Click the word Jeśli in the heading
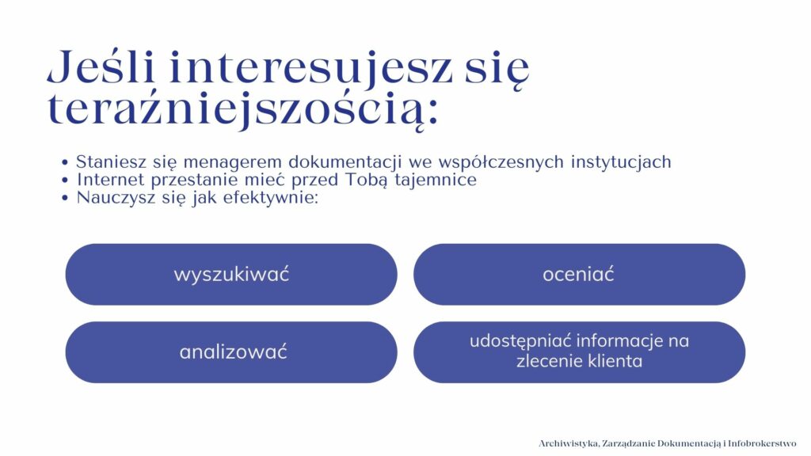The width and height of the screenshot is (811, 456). (x=101, y=66)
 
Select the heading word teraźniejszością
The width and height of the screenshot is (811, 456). (x=242, y=109)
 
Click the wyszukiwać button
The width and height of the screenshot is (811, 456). (x=231, y=274)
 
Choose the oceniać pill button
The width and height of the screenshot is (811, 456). (x=579, y=274)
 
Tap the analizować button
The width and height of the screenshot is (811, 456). (x=231, y=352)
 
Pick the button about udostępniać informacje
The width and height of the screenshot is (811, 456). (x=579, y=352)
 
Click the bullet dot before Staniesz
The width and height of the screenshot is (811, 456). (x=65, y=163)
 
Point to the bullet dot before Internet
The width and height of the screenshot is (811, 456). (x=65, y=180)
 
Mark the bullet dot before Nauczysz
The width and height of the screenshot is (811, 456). (x=65, y=198)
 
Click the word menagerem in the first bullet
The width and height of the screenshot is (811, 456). (x=232, y=163)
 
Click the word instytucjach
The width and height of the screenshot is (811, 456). (x=621, y=161)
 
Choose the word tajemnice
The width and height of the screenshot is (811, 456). (x=436, y=180)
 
